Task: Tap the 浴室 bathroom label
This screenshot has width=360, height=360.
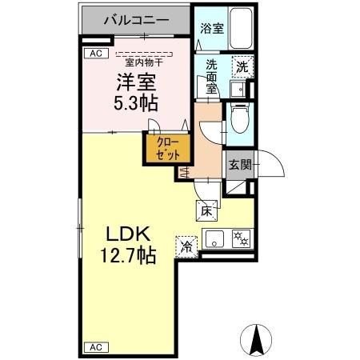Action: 211,27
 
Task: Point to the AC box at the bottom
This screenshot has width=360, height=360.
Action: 95,347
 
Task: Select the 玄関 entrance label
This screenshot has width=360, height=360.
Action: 239,166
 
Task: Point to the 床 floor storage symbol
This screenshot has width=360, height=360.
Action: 206,211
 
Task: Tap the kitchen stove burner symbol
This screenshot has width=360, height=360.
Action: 240,237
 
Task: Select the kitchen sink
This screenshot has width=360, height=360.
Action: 214,238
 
